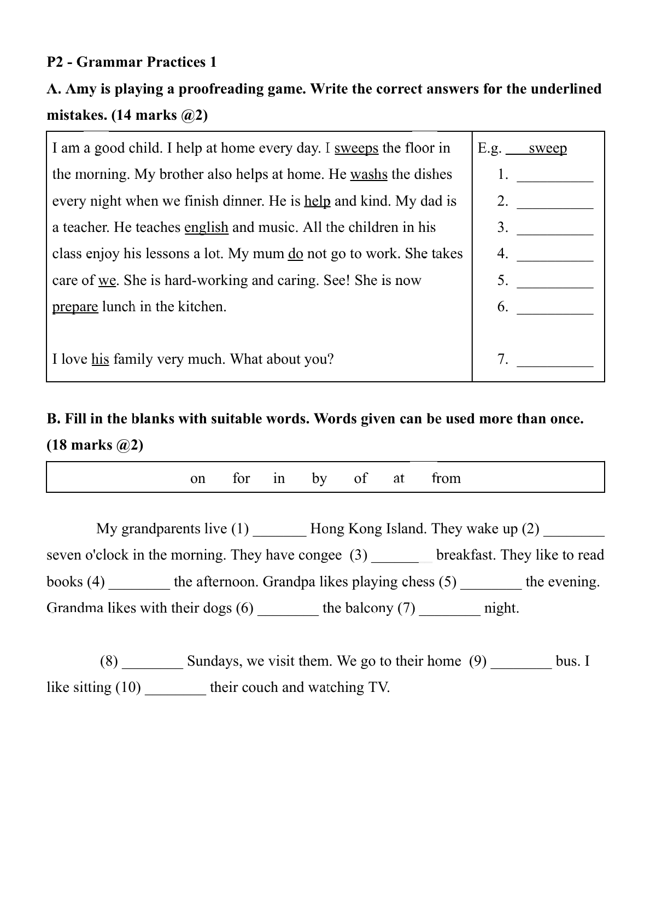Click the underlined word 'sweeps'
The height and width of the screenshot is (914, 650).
(356, 148)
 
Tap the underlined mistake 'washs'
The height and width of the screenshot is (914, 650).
(368, 174)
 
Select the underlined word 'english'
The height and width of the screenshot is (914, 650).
(206, 227)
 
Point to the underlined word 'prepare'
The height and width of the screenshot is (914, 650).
(75, 306)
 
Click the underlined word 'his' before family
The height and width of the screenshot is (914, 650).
(100, 359)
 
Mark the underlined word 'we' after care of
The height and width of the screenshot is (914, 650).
(107, 281)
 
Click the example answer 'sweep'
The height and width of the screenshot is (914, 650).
(547, 148)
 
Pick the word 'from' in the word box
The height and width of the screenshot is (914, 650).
(446, 479)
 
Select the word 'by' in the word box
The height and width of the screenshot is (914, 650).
(319, 479)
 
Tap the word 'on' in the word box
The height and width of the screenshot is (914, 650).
(198, 479)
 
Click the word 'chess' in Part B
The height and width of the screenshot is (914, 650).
(418, 582)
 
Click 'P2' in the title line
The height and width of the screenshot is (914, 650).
(56, 62)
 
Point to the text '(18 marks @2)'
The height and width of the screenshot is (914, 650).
(95, 445)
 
